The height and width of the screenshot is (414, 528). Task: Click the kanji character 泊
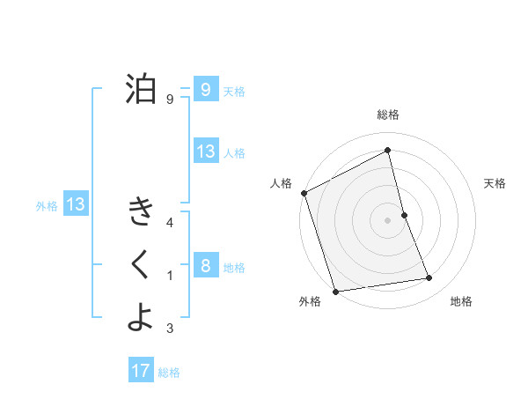[x=140, y=88]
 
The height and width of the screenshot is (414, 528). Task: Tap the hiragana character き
[x=140, y=211]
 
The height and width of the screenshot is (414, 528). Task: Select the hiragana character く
[x=140, y=264]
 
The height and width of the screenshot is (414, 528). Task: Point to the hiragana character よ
[x=140, y=317]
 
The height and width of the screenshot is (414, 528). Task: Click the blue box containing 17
[x=141, y=371]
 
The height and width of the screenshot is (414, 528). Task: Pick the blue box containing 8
[x=205, y=265]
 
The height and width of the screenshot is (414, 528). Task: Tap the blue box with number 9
[x=205, y=89]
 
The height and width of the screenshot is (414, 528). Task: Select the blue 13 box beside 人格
[x=205, y=152]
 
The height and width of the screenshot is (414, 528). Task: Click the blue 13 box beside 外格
[x=76, y=205]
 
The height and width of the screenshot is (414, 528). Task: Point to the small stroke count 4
[x=169, y=224]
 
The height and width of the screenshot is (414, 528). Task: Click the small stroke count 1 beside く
[x=169, y=277]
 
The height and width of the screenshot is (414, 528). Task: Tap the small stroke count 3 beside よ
[x=169, y=329]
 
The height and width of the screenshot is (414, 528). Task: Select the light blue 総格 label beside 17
[x=169, y=373]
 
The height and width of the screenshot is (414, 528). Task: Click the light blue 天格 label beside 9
[x=234, y=91]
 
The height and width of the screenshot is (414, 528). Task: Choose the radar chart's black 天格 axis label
[x=495, y=183]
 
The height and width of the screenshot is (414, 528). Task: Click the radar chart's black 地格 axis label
[x=461, y=301]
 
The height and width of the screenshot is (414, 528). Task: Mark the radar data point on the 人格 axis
[x=304, y=193]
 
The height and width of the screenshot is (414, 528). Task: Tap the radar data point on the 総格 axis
[x=388, y=150]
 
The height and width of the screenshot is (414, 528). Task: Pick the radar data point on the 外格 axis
[x=335, y=291]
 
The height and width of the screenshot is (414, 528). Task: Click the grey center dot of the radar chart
[x=388, y=219]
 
